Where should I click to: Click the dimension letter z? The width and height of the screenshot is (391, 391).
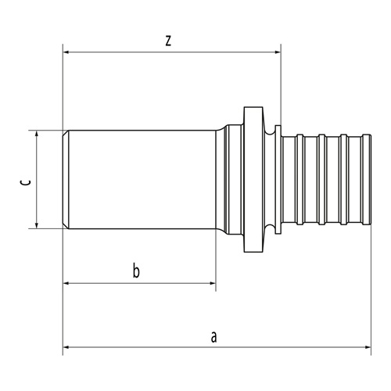coord(168,41)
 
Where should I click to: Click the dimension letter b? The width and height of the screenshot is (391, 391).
coord(136,271)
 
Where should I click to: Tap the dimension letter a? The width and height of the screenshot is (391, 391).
coord(213,337)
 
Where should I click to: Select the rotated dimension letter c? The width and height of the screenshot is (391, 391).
coord(26,182)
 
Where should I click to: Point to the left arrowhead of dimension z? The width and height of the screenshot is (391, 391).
coord(66,52)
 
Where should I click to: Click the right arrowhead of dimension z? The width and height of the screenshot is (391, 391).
coord(278,52)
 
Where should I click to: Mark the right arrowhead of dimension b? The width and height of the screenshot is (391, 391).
coord(213,283)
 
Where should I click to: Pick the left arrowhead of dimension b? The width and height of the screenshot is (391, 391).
coord(66,283)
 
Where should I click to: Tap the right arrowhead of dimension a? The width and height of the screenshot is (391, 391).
coord(368,347)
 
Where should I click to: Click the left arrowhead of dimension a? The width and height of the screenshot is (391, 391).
coord(66,347)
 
